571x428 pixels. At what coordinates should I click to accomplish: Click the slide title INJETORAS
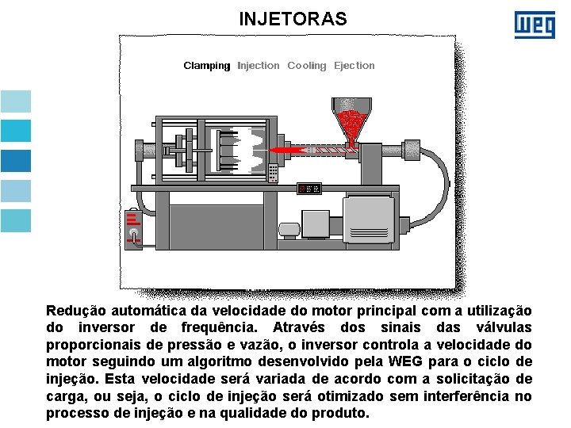pyautogui.click(x=293, y=18)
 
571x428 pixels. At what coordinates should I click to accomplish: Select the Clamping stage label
pyautogui.click(x=206, y=66)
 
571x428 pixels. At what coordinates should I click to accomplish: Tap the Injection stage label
pyautogui.click(x=259, y=66)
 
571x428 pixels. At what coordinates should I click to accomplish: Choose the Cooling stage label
pyautogui.click(x=307, y=66)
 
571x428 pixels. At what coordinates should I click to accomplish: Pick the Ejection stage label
pyautogui.click(x=354, y=66)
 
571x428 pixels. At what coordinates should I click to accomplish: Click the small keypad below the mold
pyautogui.click(x=274, y=172)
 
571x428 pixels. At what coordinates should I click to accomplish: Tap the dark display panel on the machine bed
pyautogui.click(x=308, y=188)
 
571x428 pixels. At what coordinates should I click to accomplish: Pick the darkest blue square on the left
pyautogui.click(x=16, y=161)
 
